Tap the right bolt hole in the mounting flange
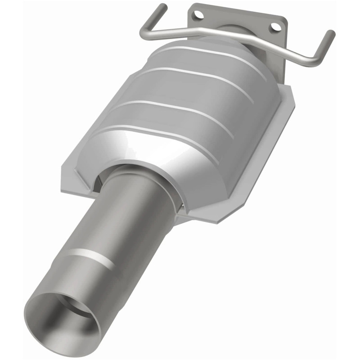pos(275,27)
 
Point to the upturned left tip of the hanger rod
pos(163,7)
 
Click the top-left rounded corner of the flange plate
pos(191,6)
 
